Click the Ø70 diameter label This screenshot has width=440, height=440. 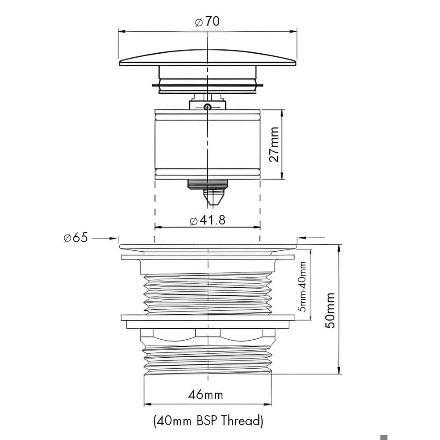(x=207, y=22)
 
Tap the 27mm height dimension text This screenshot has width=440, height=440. (x=274, y=144)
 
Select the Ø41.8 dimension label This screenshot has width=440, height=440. (x=208, y=220)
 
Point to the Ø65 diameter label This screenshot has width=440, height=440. (x=76, y=238)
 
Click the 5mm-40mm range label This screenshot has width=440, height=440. (x=303, y=286)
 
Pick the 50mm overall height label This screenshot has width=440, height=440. (x=330, y=310)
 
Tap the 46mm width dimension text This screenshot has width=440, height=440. (x=205, y=395)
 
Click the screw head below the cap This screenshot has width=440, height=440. (x=208, y=107)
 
